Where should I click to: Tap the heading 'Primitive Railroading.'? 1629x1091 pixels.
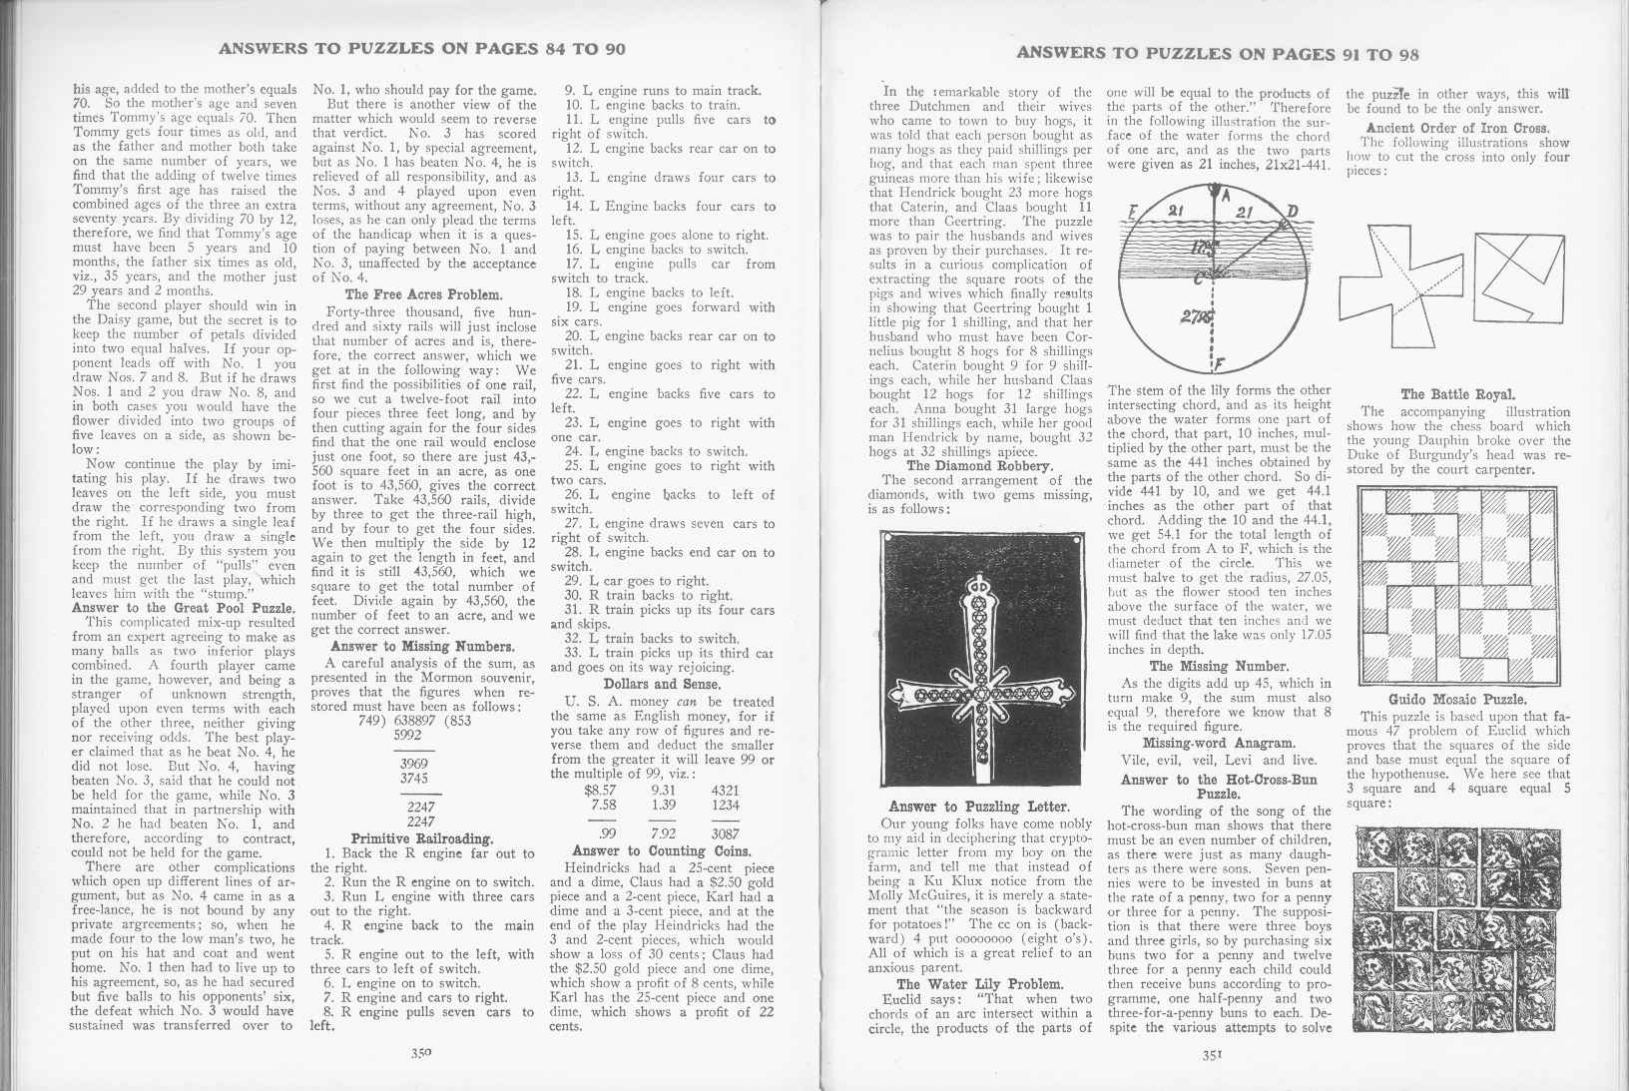point(422,838)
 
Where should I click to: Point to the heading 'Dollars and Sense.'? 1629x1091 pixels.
point(662,684)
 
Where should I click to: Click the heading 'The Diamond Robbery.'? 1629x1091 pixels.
point(979,465)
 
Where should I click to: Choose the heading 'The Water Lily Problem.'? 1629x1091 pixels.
point(979,984)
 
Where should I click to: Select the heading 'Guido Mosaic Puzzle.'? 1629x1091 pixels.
point(1456,699)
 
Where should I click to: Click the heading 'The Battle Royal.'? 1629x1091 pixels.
point(1457,394)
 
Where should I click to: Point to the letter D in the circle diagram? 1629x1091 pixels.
point(1293,211)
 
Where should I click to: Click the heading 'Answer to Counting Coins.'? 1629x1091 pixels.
point(662,851)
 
